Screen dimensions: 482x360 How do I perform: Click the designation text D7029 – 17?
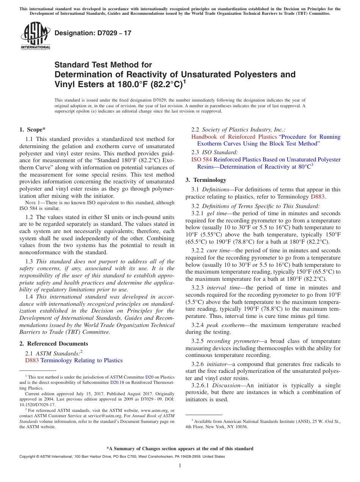(93, 33)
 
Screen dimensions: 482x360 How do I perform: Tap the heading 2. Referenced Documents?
(54, 344)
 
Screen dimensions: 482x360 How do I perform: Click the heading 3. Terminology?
(206, 180)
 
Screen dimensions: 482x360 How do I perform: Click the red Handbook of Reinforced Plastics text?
(234, 137)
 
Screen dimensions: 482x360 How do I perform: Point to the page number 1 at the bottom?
(180, 466)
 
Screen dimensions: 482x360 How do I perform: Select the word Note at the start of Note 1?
(25, 203)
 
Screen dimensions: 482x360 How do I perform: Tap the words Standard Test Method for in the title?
(103, 65)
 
